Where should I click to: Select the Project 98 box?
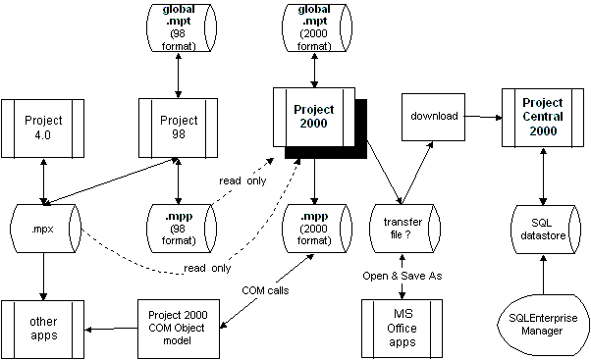pyautogui.click(x=178, y=127)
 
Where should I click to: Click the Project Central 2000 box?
pyautogui.click(x=543, y=117)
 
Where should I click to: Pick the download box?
pyautogui.click(x=432, y=117)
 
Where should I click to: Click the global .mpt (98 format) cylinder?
pyautogui.click(x=178, y=28)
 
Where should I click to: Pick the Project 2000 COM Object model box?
pyautogui.click(x=178, y=326)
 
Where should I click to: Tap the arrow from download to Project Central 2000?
pyautogui.click(x=482, y=117)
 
